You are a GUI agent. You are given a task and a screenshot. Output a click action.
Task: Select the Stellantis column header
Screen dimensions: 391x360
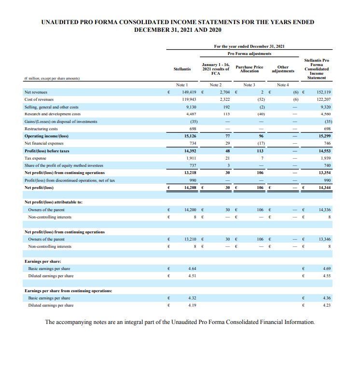[182, 69]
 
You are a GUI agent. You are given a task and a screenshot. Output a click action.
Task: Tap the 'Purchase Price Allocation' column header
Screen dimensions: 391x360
[249, 69]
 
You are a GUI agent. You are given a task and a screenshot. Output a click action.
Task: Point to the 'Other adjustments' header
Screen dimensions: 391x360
[283, 69]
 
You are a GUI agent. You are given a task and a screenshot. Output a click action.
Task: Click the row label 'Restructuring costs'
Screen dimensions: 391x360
[41, 129]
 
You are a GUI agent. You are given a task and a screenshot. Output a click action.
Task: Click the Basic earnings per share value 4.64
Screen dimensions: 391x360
[192, 268]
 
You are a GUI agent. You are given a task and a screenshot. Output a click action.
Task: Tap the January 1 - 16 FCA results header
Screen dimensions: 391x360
[216, 69]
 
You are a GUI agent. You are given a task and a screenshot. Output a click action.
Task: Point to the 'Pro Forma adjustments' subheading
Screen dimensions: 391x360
[249, 54]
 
